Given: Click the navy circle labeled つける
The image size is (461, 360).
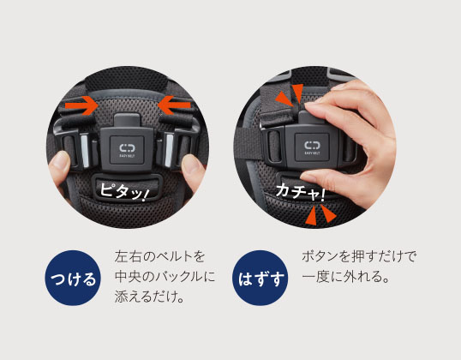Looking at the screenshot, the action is click(x=73, y=278).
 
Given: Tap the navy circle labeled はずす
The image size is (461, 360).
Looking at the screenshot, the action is click(x=260, y=278).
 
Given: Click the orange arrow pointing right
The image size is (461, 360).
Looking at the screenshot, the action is click(x=81, y=105).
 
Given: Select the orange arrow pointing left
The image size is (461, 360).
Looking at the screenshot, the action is click(x=174, y=105).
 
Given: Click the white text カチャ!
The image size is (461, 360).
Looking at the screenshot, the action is click(x=301, y=192).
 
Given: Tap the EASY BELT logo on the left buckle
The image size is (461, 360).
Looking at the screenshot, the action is click(x=127, y=150).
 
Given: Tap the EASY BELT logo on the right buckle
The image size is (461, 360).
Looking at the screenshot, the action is click(x=312, y=147).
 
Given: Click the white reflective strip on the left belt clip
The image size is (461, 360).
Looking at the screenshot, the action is click(x=84, y=150).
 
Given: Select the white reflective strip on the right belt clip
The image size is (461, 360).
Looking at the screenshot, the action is click(x=169, y=150).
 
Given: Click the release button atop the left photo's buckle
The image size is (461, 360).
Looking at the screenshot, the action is click(x=127, y=120).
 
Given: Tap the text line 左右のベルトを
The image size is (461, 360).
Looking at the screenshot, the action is click(x=159, y=256).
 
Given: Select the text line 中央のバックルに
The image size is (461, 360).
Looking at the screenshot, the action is click(x=165, y=277).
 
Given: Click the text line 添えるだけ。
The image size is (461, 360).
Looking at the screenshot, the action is click(x=149, y=297).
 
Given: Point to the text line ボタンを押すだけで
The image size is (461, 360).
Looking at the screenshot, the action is click(x=359, y=256).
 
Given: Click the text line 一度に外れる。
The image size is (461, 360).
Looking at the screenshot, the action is click(x=346, y=277).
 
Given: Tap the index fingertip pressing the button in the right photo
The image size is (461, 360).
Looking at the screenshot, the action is click(x=311, y=108).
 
